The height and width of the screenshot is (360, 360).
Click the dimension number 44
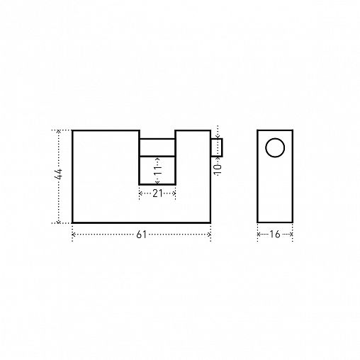tap(58, 174)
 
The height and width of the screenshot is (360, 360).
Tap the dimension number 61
tap(141, 235)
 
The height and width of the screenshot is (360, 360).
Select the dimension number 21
tap(157, 193)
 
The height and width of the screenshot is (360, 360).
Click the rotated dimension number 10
tap(218, 169)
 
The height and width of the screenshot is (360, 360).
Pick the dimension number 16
tap(275, 235)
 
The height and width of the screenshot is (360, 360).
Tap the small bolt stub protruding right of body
tap(217, 147)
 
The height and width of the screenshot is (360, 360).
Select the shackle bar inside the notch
tap(157, 147)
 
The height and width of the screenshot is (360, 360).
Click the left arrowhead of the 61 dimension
tap(74, 235)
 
